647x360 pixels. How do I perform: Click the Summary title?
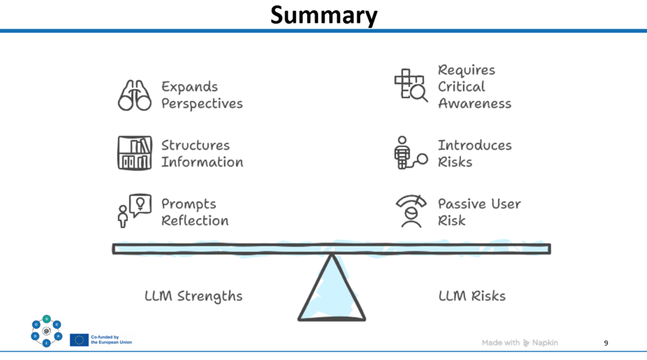(323, 16)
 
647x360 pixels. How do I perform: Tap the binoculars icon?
(135, 95)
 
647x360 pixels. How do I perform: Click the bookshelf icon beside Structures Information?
(135, 153)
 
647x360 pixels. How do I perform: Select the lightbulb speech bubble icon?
(135, 211)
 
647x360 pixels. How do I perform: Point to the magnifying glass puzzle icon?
(411, 85)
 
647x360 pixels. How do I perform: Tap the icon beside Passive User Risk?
(411, 211)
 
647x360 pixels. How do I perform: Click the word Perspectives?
(202, 104)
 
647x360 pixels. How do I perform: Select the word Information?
(202, 162)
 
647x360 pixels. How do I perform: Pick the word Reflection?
(195, 220)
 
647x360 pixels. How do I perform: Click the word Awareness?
(474, 104)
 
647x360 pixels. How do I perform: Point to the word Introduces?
(474, 145)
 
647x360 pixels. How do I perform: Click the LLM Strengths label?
(194, 296)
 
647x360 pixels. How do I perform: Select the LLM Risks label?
(472, 296)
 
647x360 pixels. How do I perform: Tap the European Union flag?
(79, 340)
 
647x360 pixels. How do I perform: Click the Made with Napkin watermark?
(520, 343)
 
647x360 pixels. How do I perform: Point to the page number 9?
(606, 343)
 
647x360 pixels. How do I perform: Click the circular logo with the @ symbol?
(46, 331)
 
